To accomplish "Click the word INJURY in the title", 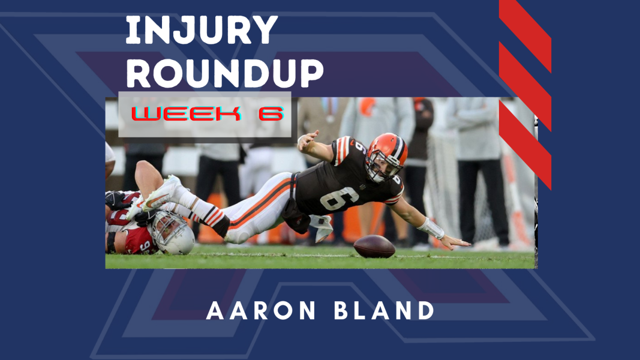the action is [x=202, y=30].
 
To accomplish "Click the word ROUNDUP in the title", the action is [x=224, y=73].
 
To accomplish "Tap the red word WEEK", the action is [x=186, y=113].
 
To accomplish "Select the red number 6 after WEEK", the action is [x=271, y=113].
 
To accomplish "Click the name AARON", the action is [x=261, y=311].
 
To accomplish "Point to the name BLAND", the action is [x=384, y=311].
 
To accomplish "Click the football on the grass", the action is [x=374, y=246].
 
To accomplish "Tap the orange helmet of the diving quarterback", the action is [x=386, y=157].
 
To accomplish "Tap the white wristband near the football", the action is [x=431, y=228].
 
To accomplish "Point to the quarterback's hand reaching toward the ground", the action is [x=455, y=242].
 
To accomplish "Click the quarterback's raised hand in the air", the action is [x=308, y=139].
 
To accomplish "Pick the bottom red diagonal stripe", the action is [x=525, y=145].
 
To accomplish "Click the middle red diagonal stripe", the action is [x=525, y=86].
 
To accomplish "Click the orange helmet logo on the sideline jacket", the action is [x=367, y=106].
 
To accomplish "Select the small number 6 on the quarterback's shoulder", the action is [x=360, y=147].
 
